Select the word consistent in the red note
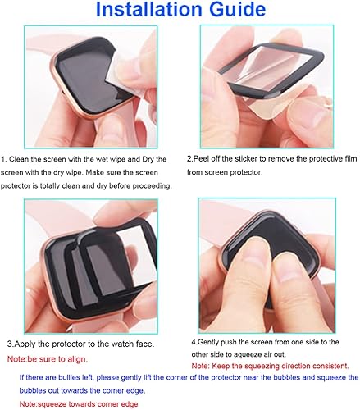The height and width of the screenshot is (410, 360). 329,365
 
